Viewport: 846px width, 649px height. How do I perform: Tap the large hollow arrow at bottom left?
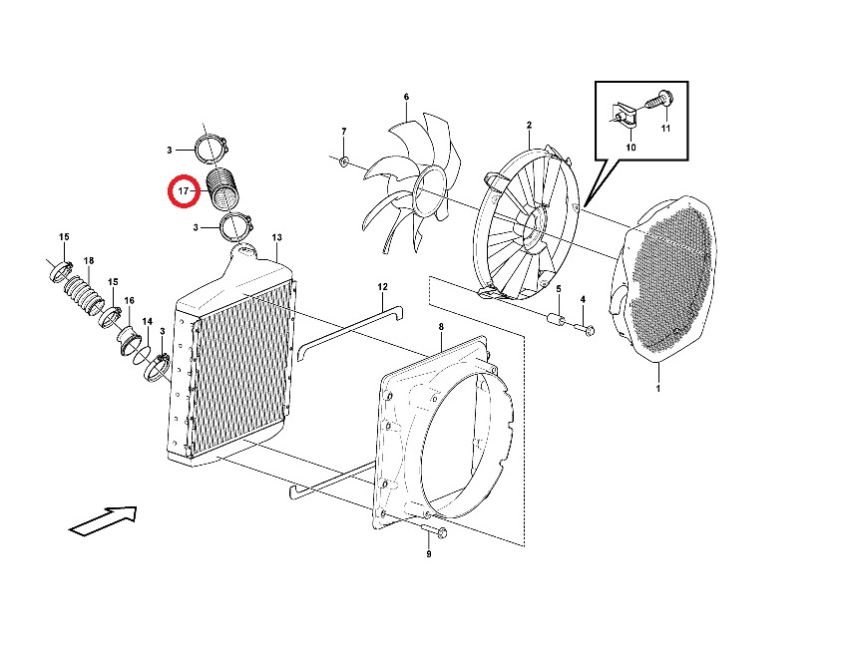tap(104, 520)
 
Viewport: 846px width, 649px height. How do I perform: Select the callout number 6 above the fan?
tap(406, 97)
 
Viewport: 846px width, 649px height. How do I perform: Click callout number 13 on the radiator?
tap(276, 237)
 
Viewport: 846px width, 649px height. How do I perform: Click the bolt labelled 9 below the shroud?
tap(434, 532)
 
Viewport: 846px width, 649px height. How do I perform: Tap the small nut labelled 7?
tap(344, 161)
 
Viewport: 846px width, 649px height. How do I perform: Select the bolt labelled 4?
tap(585, 327)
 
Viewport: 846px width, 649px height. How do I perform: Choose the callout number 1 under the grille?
tap(657, 388)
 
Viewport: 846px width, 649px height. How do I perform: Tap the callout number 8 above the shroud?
tap(441, 327)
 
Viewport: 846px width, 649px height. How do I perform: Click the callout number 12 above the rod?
tap(382, 287)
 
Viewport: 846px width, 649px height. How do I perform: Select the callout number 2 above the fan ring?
tap(529, 125)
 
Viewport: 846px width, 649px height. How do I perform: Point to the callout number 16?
tap(130, 301)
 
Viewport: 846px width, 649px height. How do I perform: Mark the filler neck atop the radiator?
tap(243, 249)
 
